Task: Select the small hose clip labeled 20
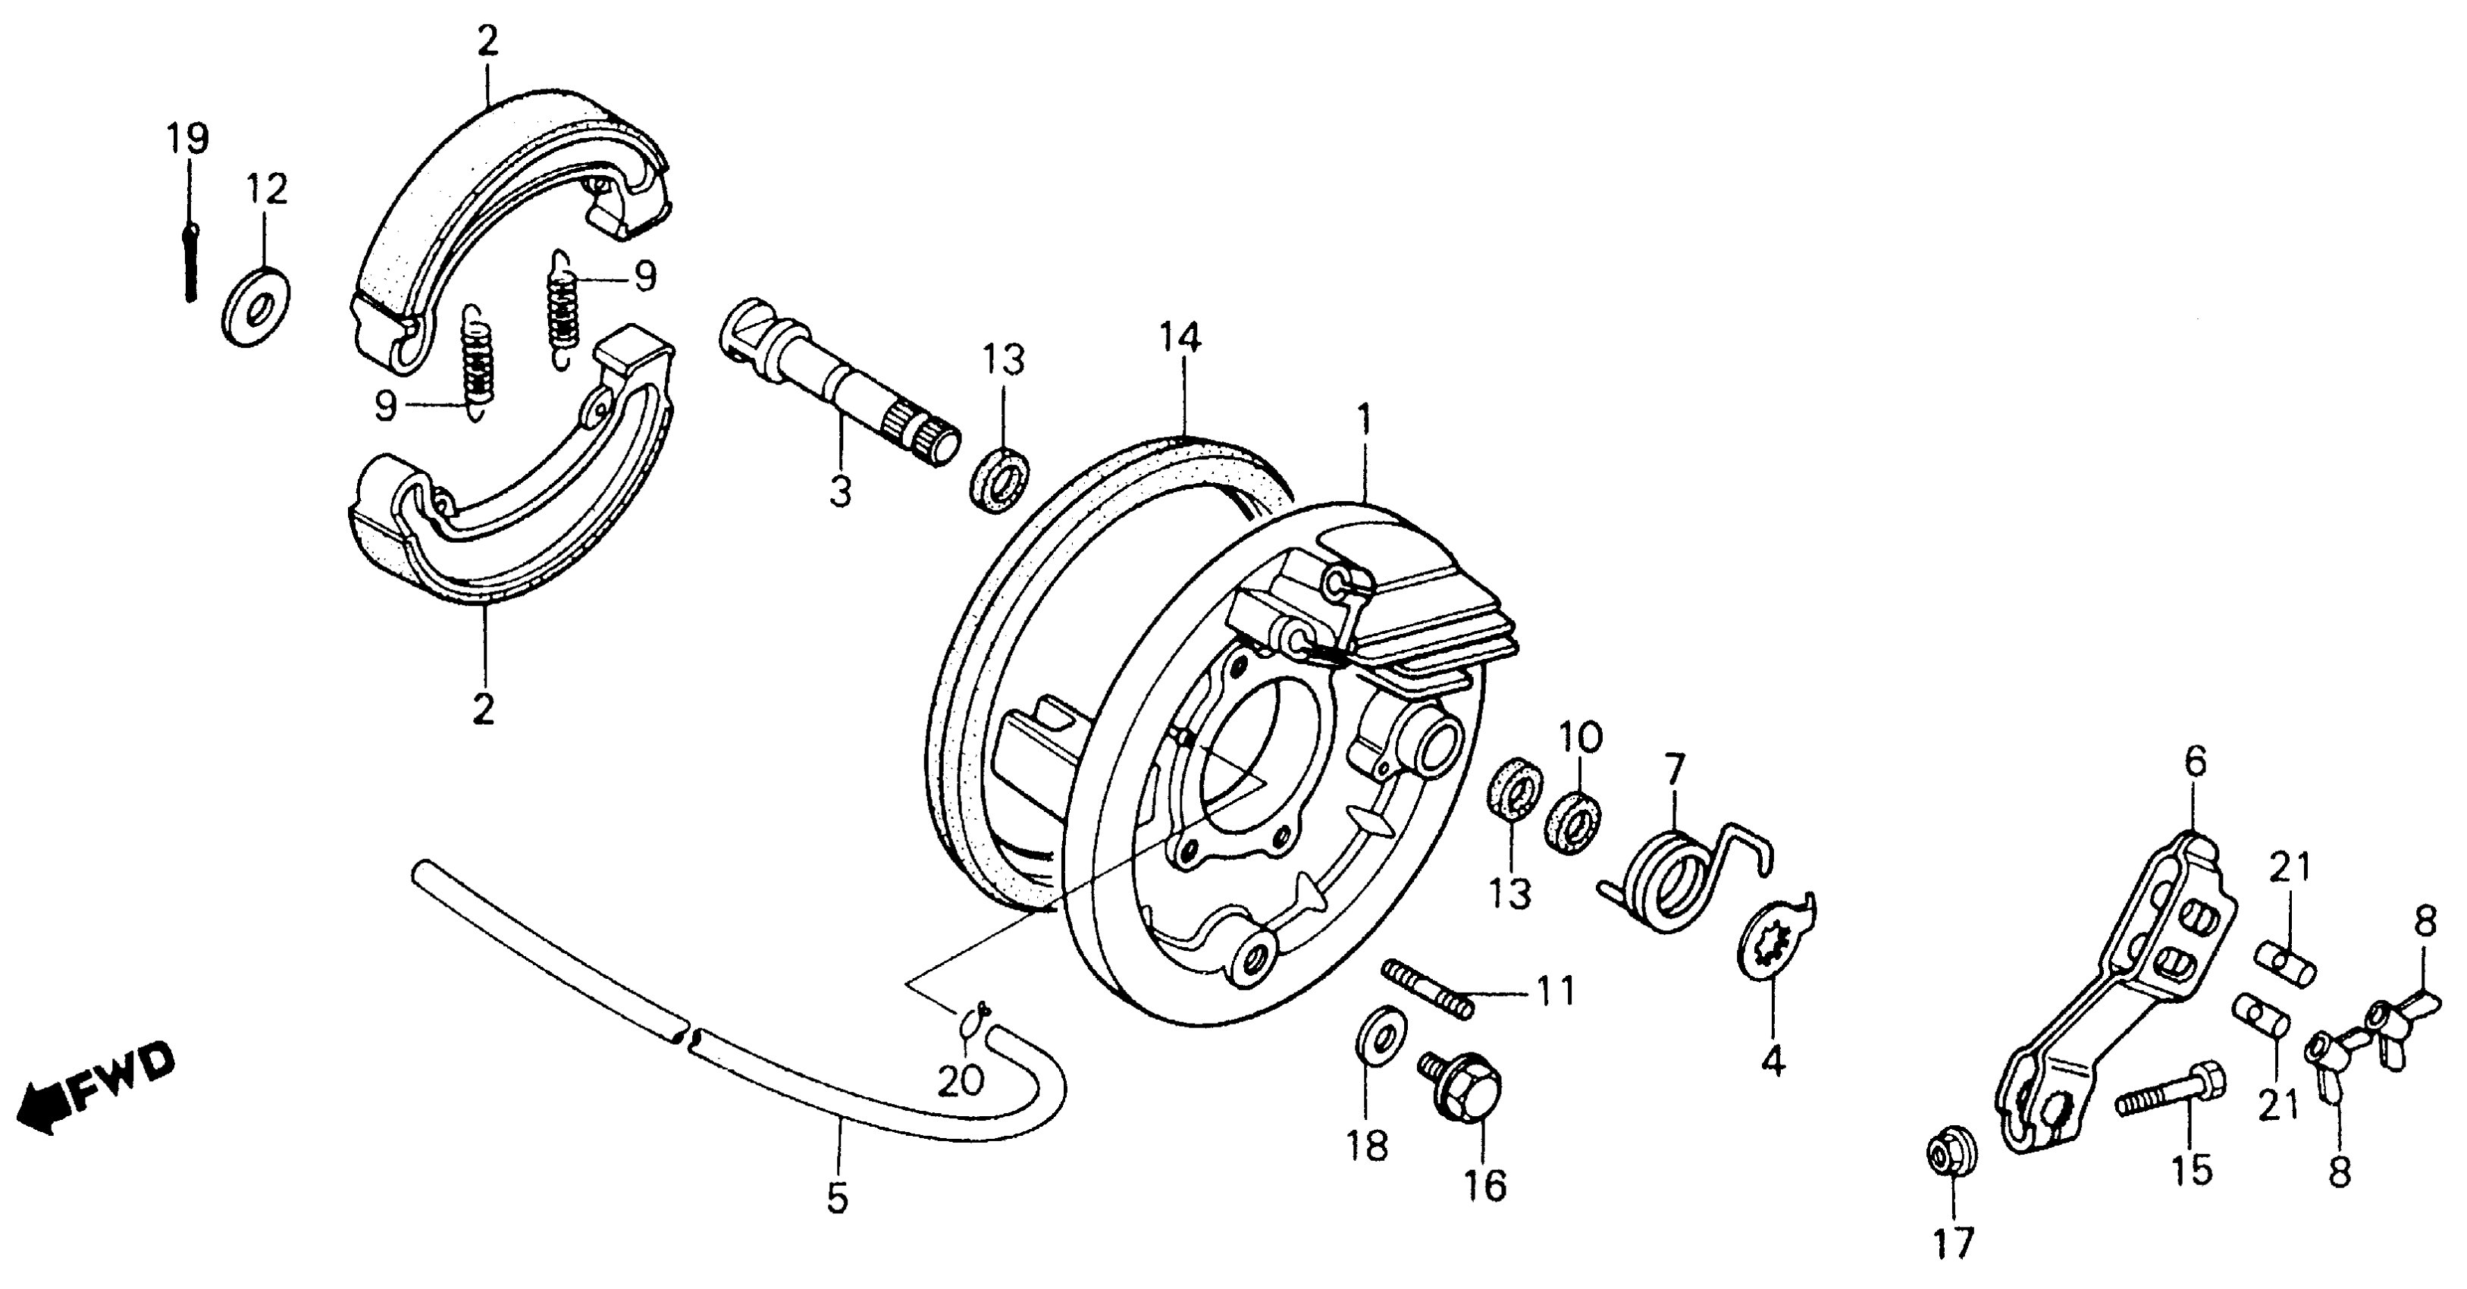point(976,1024)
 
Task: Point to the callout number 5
point(837,1198)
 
